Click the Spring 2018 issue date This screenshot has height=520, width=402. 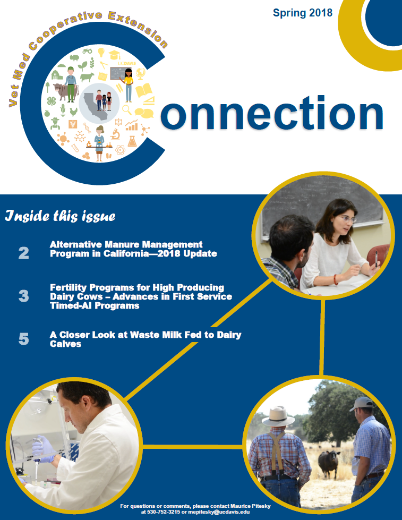click(x=303, y=13)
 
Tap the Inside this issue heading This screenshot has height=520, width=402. click(x=61, y=216)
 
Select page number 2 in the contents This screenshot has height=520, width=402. click(x=23, y=253)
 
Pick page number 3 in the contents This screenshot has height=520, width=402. click(x=23, y=296)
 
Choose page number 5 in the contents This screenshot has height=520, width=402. click(x=23, y=339)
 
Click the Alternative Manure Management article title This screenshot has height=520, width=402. click(x=133, y=249)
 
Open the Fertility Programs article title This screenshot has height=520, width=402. click(x=141, y=296)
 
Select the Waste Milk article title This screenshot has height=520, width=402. click(x=146, y=339)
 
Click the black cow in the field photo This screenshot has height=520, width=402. click(x=329, y=463)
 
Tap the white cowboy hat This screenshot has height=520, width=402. click(x=278, y=416)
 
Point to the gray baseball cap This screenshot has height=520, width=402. click(x=361, y=404)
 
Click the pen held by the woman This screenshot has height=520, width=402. click(x=377, y=259)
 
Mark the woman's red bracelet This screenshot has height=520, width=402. click(x=336, y=279)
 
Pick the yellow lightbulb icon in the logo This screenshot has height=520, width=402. click(x=101, y=53)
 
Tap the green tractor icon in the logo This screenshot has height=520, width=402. click(x=88, y=51)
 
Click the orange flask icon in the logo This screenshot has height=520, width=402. click(x=132, y=141)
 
